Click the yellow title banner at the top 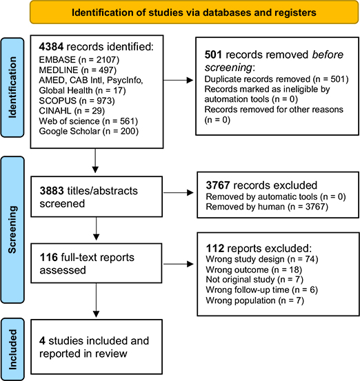194,12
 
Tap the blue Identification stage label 12,87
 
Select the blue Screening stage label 12,229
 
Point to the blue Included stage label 12,349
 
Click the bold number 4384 51,47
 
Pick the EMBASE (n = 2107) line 79,60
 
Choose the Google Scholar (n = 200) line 88,131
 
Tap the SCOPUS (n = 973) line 77,101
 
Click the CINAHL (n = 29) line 72,111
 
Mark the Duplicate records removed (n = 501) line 277,79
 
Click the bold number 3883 52,191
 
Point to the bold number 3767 218,185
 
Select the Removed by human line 267,207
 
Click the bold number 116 49,257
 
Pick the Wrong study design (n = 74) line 262,259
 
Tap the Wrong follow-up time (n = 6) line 262,290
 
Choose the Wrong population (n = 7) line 255,300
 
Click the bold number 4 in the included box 42,341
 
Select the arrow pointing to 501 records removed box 179,80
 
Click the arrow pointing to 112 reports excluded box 179,264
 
